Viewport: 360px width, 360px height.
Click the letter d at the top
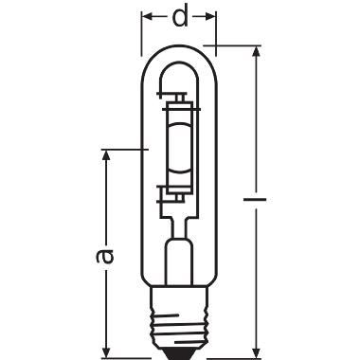(x=180, y=16)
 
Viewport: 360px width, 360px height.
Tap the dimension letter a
(x=106, y=255)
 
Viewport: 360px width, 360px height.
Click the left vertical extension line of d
(x=144, y=28)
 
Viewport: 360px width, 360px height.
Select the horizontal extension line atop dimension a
(x=123, y=149)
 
